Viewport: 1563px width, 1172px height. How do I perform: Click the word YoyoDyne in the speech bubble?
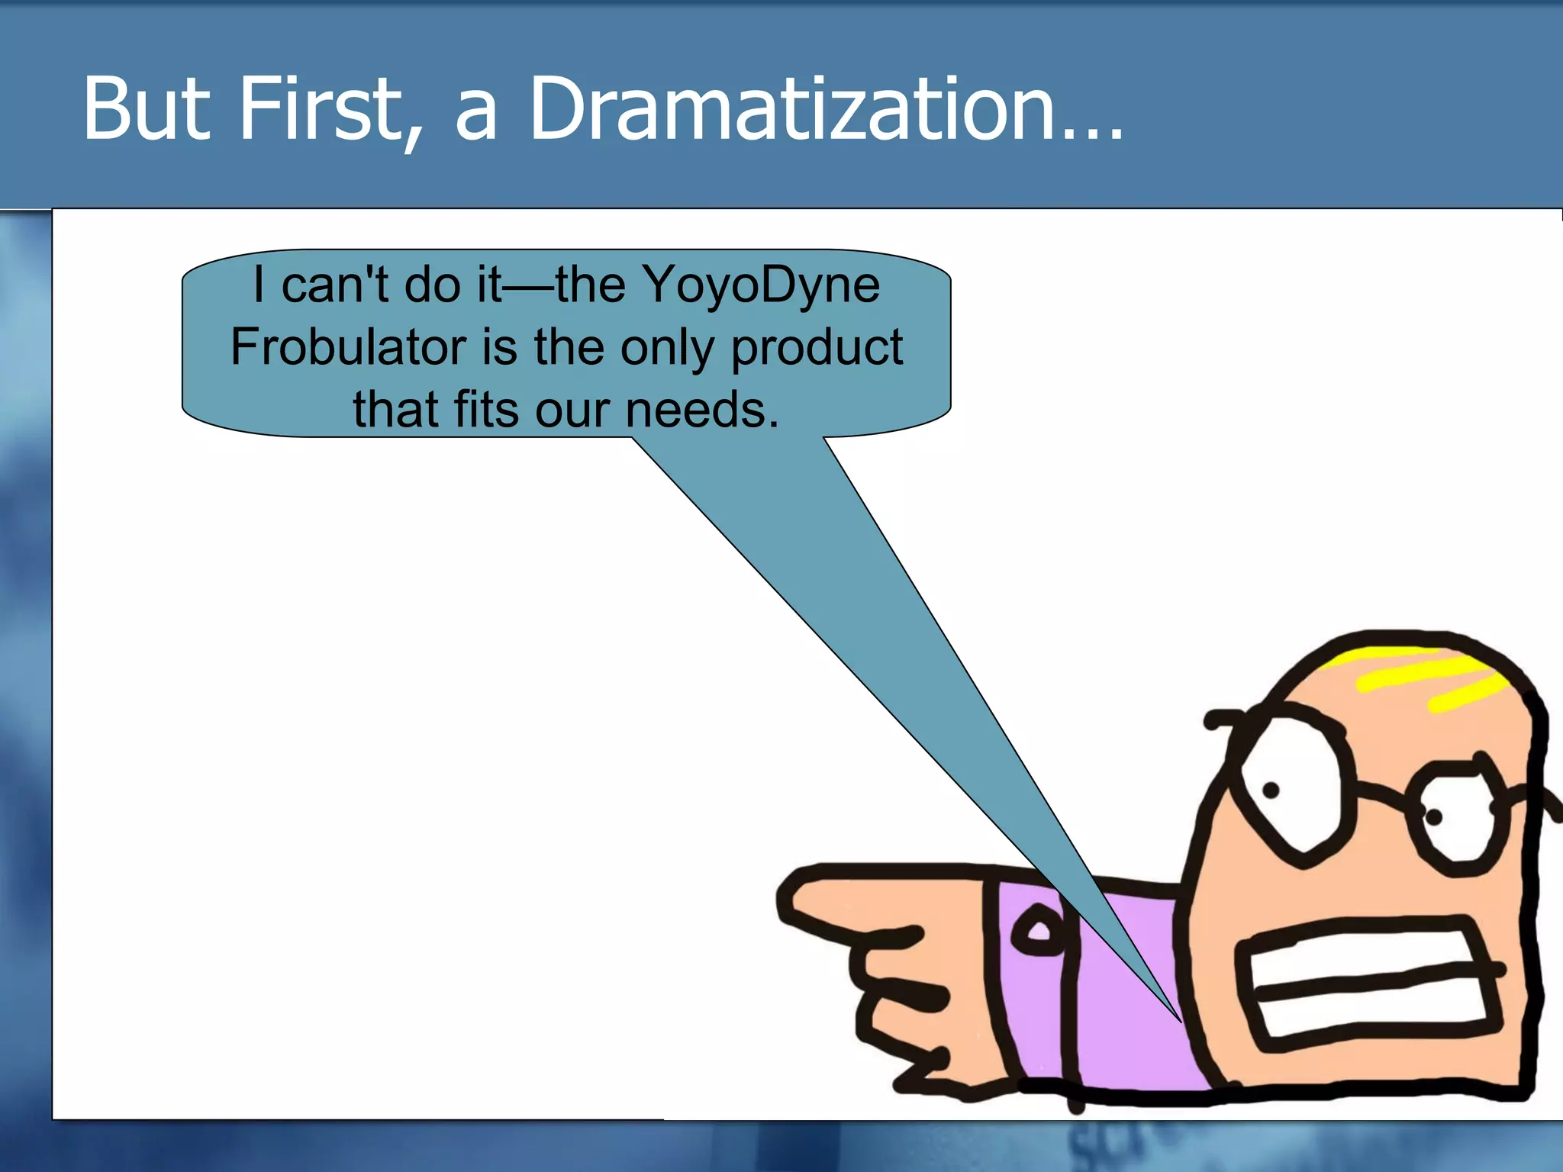pyautogui.click(x=761, y=285)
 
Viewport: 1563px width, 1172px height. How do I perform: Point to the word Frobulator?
pyautogui.click(x=347, y=347)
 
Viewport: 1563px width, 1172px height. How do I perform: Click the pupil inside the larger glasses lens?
pyautogui.click(x=1271, y=790)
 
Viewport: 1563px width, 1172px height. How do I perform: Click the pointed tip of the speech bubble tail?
pyautogui.click(x=1179, y=1019)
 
